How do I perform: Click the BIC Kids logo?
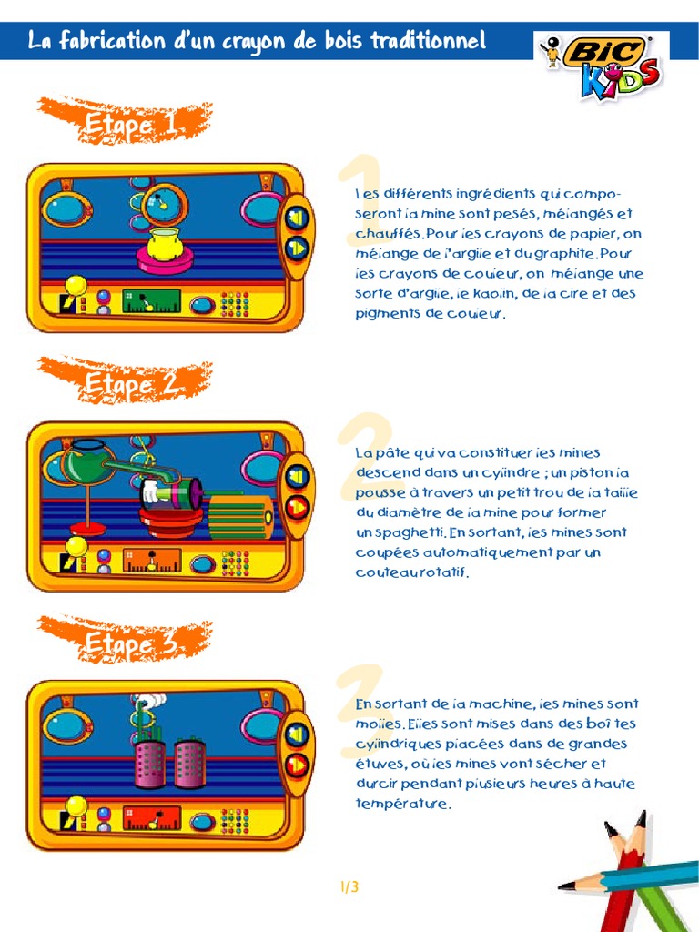[x=601, y=66]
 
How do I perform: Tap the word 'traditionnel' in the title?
[x=428, y=40]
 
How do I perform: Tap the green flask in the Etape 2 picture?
[x=88, y=462]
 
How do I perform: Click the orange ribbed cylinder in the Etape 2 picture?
[x=240, y=516]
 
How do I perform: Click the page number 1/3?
[x=349, y=886]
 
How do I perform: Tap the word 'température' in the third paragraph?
[x=403, y=804]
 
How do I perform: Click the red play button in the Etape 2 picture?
[x=297, y=508]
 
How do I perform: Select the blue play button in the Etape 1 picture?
[x=297, y=248]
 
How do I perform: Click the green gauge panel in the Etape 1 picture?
[x=151, y=300]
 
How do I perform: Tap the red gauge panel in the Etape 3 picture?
[x=151, y=818]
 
